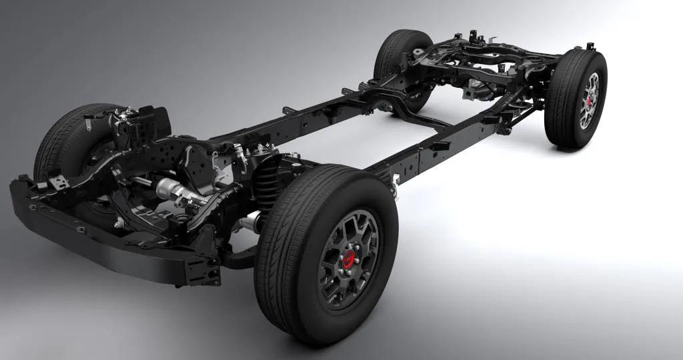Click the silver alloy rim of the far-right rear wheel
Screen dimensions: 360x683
pos(589,100)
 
